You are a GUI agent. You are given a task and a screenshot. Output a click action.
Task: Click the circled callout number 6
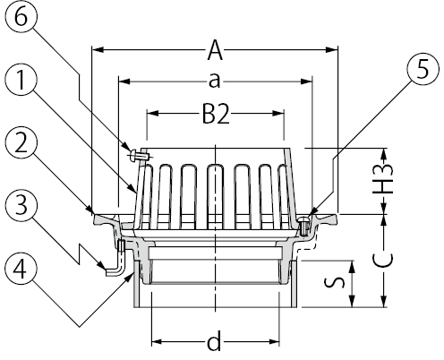pyautogui.click(x=21, y=16)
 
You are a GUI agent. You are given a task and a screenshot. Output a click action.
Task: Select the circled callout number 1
pyautogui.click(x=21, y=80)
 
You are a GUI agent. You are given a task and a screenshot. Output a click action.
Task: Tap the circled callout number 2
pyautogui.click(x=21, y=144)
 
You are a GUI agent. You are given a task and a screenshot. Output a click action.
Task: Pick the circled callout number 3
pyautogui.click(x=21, y=206)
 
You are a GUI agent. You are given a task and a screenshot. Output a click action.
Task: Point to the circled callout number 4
pyautogui.click(x=21, y=269)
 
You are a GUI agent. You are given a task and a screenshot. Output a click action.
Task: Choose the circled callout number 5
pyautogui.click(x=423, y=69)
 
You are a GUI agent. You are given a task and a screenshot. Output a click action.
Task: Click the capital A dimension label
pyautogui.click(x=215, y=50)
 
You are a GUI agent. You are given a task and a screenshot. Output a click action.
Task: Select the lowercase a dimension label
pyautogui.click(x=214, y=81)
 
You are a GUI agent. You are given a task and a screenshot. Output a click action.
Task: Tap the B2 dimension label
pyautogui.click(x=216, y=114)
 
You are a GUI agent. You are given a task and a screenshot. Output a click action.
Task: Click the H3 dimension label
pyautogui.click(x=383, y=179)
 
